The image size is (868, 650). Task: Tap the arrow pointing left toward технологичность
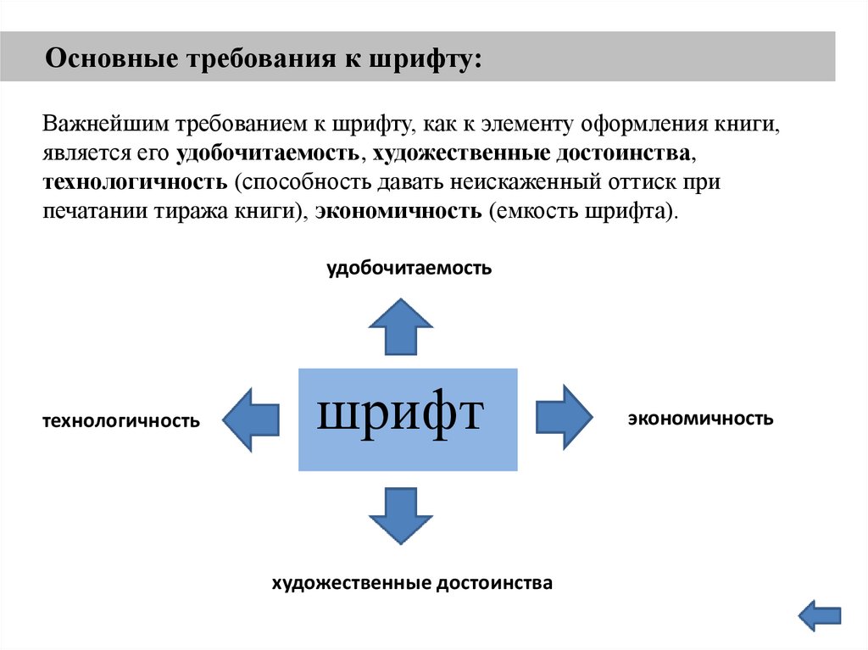pos(252,419)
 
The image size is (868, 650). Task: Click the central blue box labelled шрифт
pos(408,419)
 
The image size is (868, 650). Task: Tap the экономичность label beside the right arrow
pos(700,418)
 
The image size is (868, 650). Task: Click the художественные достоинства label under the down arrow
pos(412,583)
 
